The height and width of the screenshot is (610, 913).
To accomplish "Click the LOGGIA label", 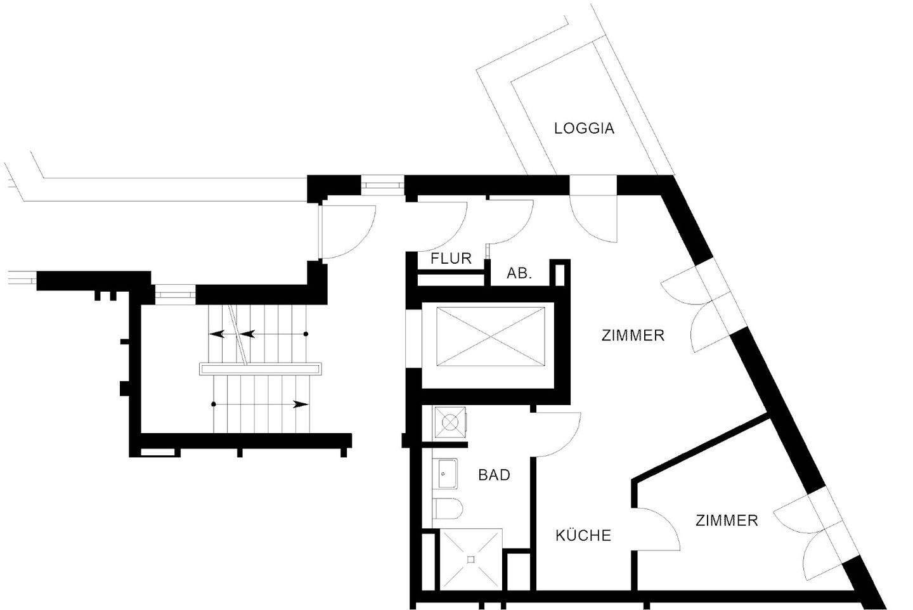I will pyautogui.click(x=584, y=128).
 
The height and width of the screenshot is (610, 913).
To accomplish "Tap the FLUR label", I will pyautogui.click(x=451, y=259).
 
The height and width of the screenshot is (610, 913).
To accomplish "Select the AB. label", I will pyautogui.click(x=519, y=274).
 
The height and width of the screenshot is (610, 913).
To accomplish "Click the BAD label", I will pyautogui.click(x=494, y=474).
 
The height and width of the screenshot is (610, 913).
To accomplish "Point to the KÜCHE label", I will pyautogui.click(x=583, y=536).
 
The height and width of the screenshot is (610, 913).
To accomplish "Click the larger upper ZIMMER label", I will pyautogui.click(x=633, y=335).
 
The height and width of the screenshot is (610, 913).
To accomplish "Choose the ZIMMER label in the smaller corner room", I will pyautogui.click(x=727, y=521).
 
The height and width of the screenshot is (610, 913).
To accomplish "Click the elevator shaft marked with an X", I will pyautogui.click(x=491, y=336).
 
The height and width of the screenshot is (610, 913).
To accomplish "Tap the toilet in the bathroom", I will pyautogui.click(x=449, y=508).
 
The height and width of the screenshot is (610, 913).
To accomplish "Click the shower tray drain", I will pyautogui.click(x=471, y=559).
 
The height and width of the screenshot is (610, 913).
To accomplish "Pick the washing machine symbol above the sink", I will pyautogui.click(x=450, y=421).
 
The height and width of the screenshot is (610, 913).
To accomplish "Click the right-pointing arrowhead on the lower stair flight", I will pyautogui.click(x=302, y=404).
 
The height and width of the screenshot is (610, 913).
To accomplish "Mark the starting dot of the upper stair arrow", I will pyautogui.click(x=306, y=334).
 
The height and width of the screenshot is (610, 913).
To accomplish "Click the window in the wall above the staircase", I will pyautogui.click(x=174, y=294).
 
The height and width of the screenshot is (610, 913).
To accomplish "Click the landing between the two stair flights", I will pyautogui.click(x=260, y=368).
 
